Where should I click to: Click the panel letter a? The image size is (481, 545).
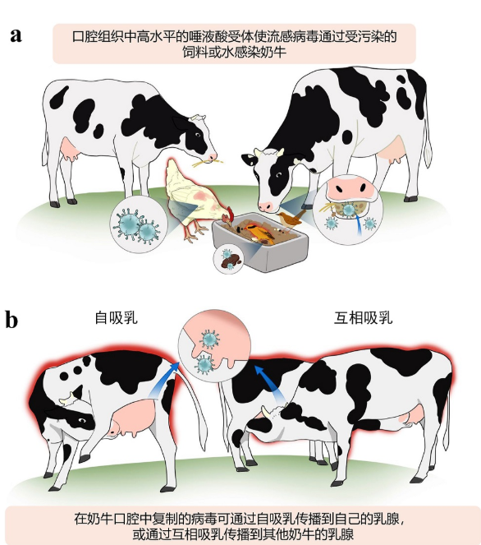(16, 35)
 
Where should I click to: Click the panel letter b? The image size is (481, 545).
(11, 320)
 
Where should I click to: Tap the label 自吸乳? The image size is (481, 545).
(117, 317)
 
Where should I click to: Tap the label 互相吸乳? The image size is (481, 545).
(364, 317)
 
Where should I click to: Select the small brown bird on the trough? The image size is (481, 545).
(291, 219)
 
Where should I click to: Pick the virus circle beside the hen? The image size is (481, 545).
(139, 224)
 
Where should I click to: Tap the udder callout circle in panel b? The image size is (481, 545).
(214, 346)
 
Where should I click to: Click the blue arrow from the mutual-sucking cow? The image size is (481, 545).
(271, 383)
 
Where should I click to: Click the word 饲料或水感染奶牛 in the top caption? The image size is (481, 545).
(234, 52)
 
